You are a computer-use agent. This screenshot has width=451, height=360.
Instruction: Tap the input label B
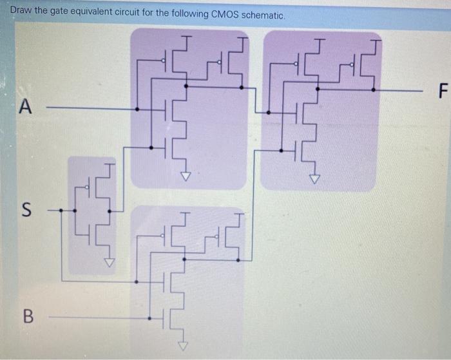click(26, 316)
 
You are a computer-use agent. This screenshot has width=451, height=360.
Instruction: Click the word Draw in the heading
click(22, 14)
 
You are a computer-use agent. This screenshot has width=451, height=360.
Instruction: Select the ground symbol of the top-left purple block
click(186, 176)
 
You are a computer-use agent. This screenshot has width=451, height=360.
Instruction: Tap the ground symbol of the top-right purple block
click(315, 178)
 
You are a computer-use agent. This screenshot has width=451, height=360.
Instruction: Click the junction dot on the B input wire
click(149, 317)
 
